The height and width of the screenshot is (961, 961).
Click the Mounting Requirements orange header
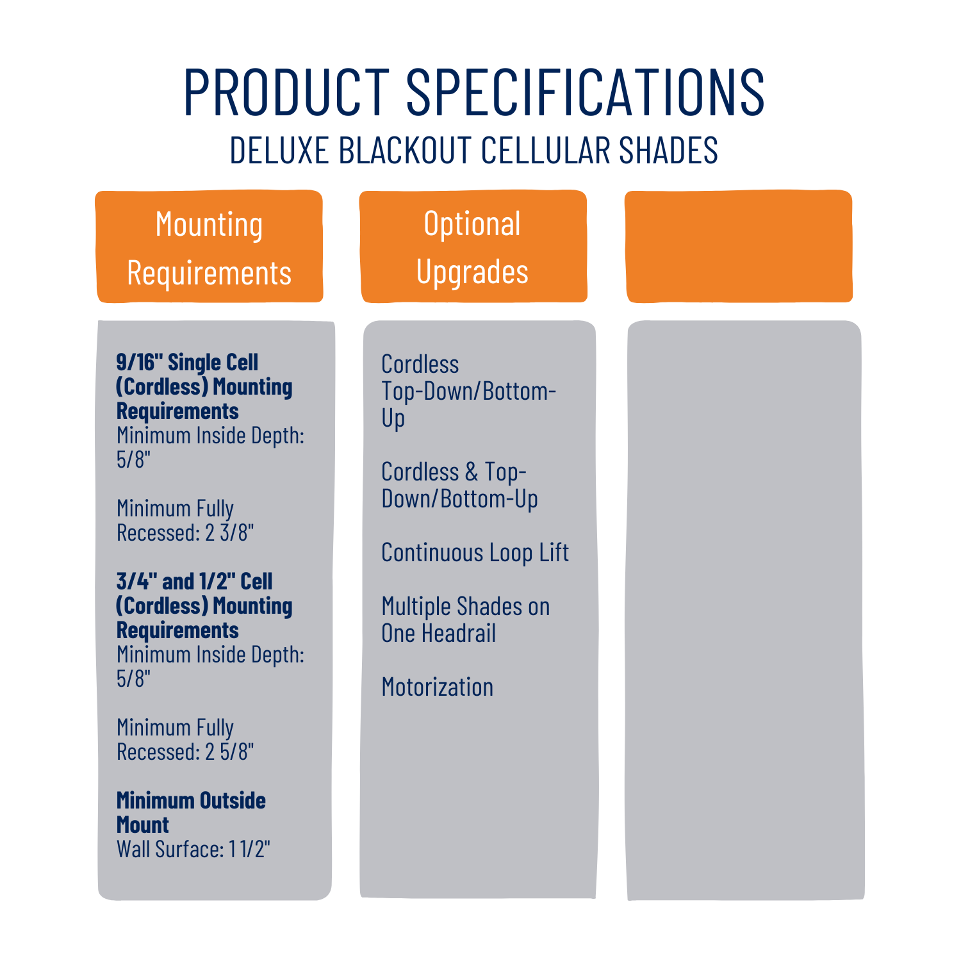coord(209,247)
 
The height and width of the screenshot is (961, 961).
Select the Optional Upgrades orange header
coord(473,247)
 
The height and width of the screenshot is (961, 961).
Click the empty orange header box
coord(739,247)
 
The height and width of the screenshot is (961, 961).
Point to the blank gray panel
coord(745,610)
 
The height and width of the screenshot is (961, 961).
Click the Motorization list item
coord(437,687)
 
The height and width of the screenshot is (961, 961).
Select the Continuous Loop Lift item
coord(475,553)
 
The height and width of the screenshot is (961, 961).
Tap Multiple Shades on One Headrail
coord(465,620)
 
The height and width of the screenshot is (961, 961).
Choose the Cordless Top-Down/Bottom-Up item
coord(468,391)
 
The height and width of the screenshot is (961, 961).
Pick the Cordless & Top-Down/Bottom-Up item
coord(459,486)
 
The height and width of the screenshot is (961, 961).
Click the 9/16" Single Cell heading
coord(204,386)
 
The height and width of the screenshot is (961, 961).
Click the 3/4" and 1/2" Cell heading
coord(204,605)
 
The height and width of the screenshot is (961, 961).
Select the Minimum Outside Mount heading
coord(191,812)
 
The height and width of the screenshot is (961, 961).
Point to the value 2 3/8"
coord(229,532)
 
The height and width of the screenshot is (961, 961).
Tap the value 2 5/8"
coord(229,752)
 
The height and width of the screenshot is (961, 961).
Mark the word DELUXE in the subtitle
coord(279,150)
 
